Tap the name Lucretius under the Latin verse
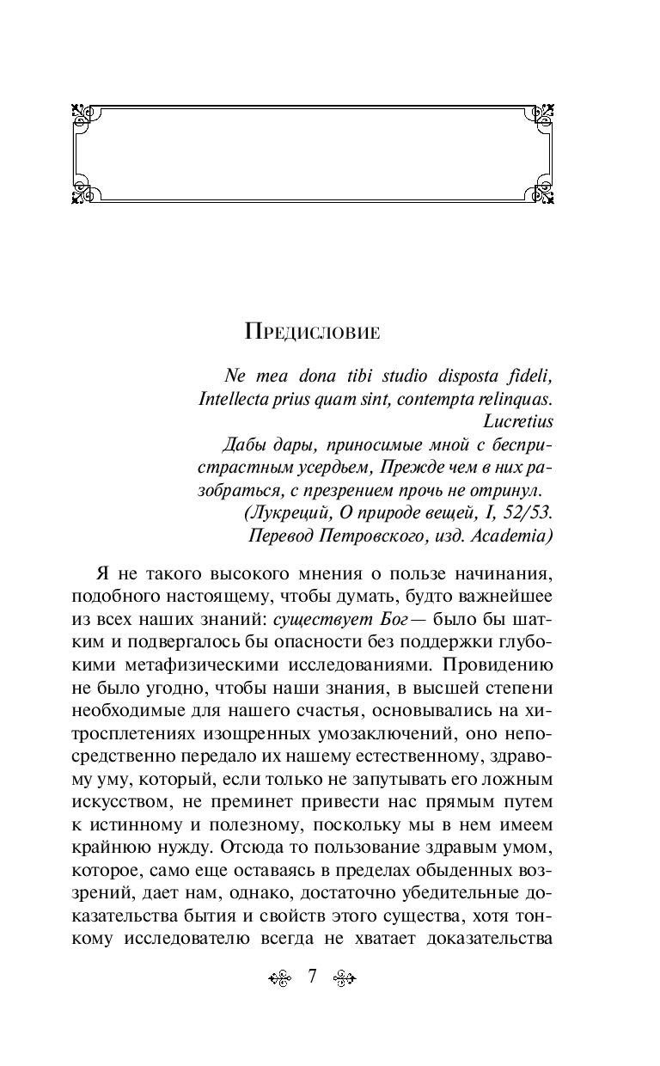(x=518, y=422)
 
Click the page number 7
(x=313, y=976)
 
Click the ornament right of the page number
(x=344, y=977)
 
